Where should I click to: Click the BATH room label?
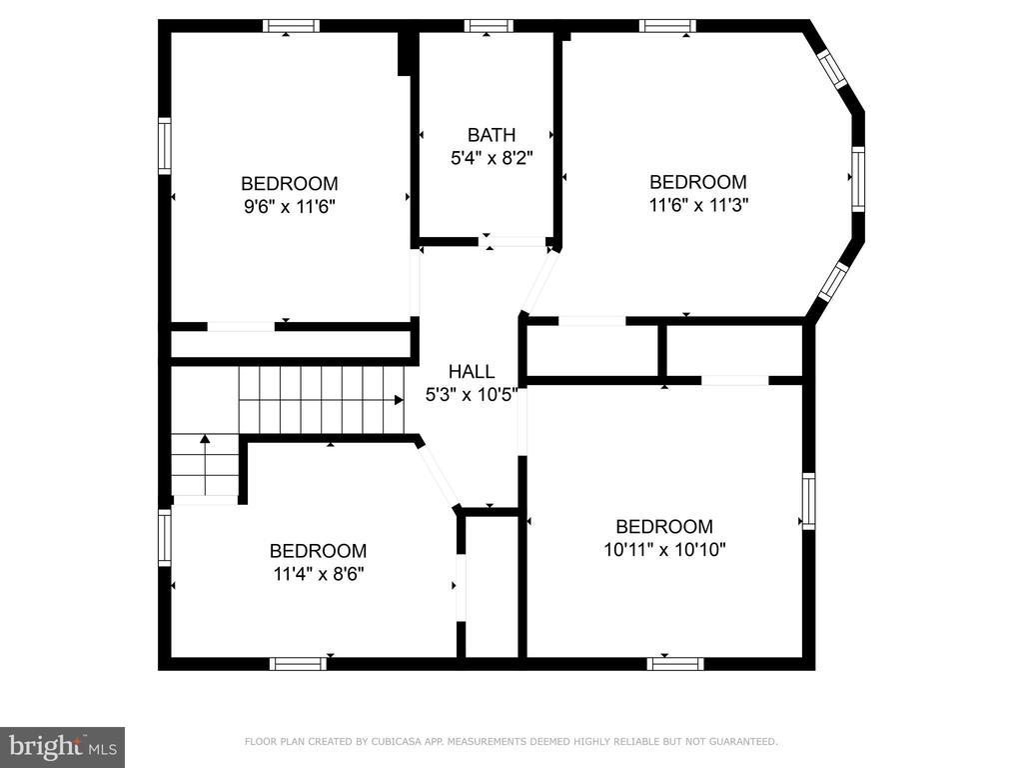(x=492, y=135)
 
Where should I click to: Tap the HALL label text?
(x=472, y=372)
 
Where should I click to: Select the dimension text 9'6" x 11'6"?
(x=289, y=207)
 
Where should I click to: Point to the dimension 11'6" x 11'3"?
(x=698, y=205)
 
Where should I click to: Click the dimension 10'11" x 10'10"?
(x=664, y=550)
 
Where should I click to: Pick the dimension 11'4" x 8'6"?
(x=319, y=574)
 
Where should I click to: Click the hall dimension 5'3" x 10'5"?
(x=472, y=395)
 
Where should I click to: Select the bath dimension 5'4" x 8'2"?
(x=492, y=158)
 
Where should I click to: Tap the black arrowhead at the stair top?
(x=399, y=400)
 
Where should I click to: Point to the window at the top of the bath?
(x=489, y=26)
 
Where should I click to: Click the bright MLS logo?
(x=63, y=747)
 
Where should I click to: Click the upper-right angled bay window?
(x=832, y=69)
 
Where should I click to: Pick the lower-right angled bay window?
(x=833, y=281)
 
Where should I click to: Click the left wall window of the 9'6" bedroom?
(x=165, y=146)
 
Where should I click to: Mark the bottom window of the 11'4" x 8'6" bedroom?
(x=298, y=664)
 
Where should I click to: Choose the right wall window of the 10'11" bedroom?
(x=808, y=501)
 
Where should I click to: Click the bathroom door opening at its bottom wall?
(x=514, y=242)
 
